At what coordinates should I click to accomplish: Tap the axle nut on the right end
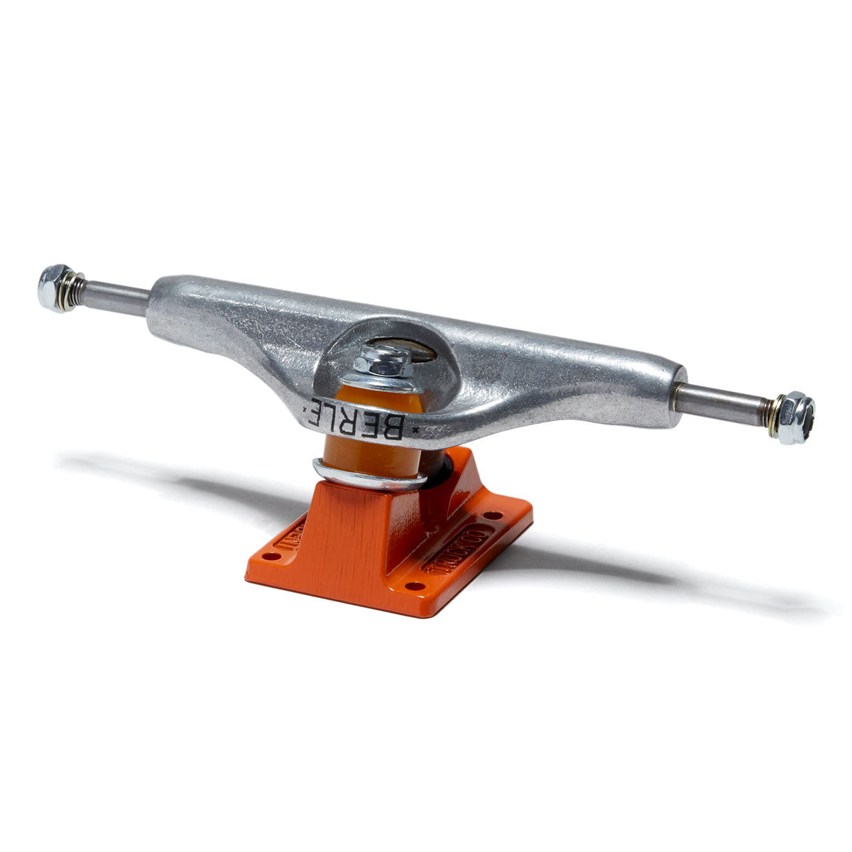(x=797, y=417)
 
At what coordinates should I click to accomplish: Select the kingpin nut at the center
(x=383, y=362)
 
